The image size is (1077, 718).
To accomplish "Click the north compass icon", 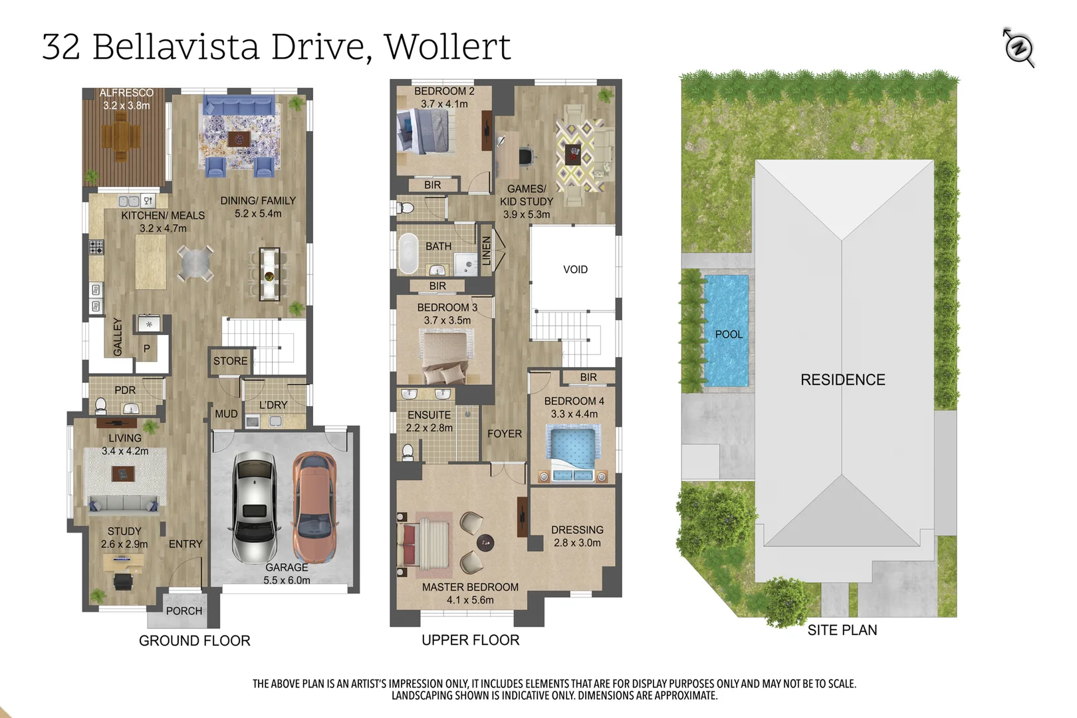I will [1018, 48].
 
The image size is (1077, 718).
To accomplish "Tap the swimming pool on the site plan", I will [727, 330].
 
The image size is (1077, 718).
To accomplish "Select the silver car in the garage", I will [255, 507].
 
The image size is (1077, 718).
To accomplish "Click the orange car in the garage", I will [314, 507].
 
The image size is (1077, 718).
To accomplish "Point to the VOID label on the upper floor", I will [575, 269].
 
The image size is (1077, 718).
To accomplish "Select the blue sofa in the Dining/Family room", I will [239, 106].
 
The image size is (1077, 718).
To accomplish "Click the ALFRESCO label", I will [126, 92].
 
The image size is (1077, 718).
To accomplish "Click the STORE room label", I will [230, 361].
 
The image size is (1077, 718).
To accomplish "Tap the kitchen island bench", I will [151, 262].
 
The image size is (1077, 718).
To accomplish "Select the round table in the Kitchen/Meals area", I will [195, 263].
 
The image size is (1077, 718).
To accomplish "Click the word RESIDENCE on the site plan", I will [842, 380].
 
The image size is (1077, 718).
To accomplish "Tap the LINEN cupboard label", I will [486, 251].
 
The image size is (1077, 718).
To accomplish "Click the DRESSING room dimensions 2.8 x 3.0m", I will [577, 542].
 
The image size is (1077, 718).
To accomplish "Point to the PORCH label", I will [184, 611].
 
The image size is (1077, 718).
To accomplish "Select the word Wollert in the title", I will [447, 47].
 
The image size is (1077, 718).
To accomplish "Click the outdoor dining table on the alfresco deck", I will [121, 136].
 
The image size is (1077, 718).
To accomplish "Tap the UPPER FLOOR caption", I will [470, 640].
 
